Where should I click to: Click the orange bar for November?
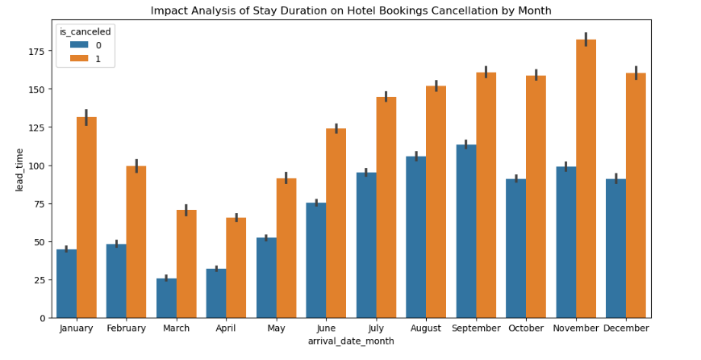(x=586, y=178)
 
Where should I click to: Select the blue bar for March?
(x=166, y=298)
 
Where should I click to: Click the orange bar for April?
(x=236, y=267)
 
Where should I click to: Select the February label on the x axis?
(x=127, y=329)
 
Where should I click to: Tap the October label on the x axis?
(x=526, y=329)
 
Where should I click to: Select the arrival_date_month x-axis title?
(x=351, y=342)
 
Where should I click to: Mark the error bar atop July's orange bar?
(x=386, y=96)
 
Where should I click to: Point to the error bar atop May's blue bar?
(x=266, y=237)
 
